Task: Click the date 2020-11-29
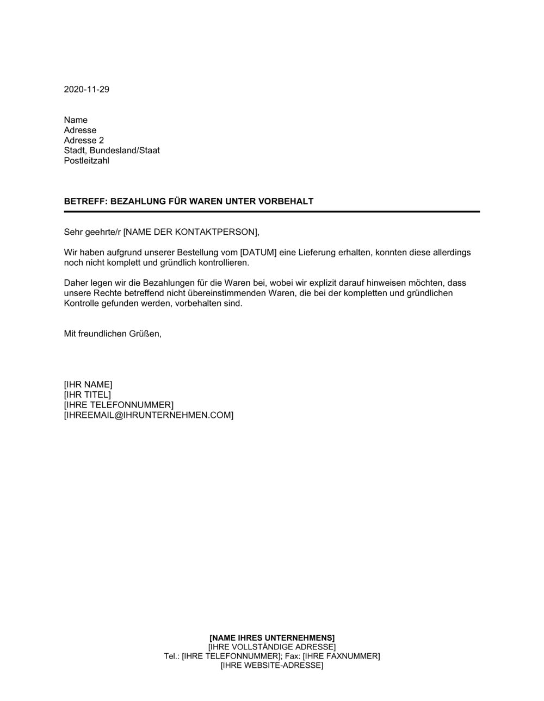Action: tap(86, 89)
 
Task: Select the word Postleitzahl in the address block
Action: tap(86, 161)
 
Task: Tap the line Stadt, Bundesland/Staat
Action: tap(112, 151)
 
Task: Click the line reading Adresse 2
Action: tap(84, 140)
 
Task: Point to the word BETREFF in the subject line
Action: tap(84, 201)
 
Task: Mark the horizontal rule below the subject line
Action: tap(272, 211)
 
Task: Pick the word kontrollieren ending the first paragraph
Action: tap(222, 263)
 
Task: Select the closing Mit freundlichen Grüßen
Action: tap(113, 334)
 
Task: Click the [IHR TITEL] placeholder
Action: tap(87, 395)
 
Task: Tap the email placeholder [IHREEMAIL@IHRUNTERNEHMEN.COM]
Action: tap(149, 415)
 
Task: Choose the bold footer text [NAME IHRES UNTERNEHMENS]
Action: tap(272, 637)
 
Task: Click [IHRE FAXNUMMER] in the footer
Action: tap(341, 656)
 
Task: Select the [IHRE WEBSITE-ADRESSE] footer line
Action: tap(272, 665)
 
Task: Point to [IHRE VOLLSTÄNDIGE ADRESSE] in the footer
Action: tap(272, 647)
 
